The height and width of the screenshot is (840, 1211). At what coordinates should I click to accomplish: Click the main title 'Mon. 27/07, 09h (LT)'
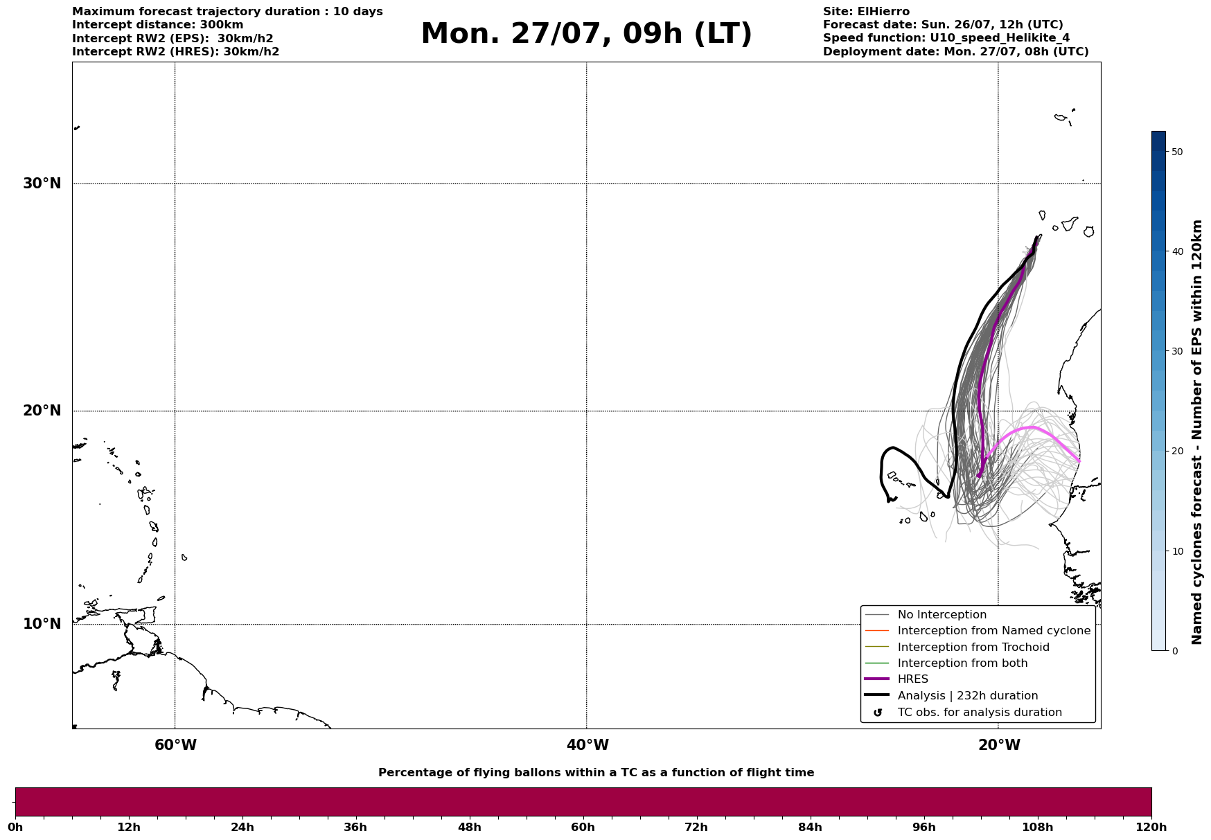tap(586, 34)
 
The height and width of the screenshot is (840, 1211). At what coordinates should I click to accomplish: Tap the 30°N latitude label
tap(42, 184)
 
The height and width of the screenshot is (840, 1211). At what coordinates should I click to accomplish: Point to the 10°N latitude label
tap(42, 624)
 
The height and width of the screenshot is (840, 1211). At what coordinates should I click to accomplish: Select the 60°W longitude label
tap(175, 745)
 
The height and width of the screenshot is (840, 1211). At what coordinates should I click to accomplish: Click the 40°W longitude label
tap(587, 745)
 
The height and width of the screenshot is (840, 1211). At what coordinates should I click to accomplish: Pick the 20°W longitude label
tap(999, 745)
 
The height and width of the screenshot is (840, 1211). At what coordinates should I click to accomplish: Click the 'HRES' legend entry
tap(912, 679)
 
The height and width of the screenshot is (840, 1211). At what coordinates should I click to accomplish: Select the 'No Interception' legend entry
tap(942, 615)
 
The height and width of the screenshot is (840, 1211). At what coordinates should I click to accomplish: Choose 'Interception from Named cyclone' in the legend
tap(994, 631)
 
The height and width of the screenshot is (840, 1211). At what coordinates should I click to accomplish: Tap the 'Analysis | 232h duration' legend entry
tap(968, 696)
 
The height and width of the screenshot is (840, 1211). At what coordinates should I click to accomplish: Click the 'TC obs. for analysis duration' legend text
tap(980, 713)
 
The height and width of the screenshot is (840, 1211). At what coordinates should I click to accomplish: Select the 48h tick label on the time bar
tap(469, 828)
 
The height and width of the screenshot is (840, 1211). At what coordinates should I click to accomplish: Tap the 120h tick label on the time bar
tap(1151, 828)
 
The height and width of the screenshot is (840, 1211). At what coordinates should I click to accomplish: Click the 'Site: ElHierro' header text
tap(866, 12)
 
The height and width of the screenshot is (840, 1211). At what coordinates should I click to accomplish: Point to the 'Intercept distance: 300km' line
tap(158, 25)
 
